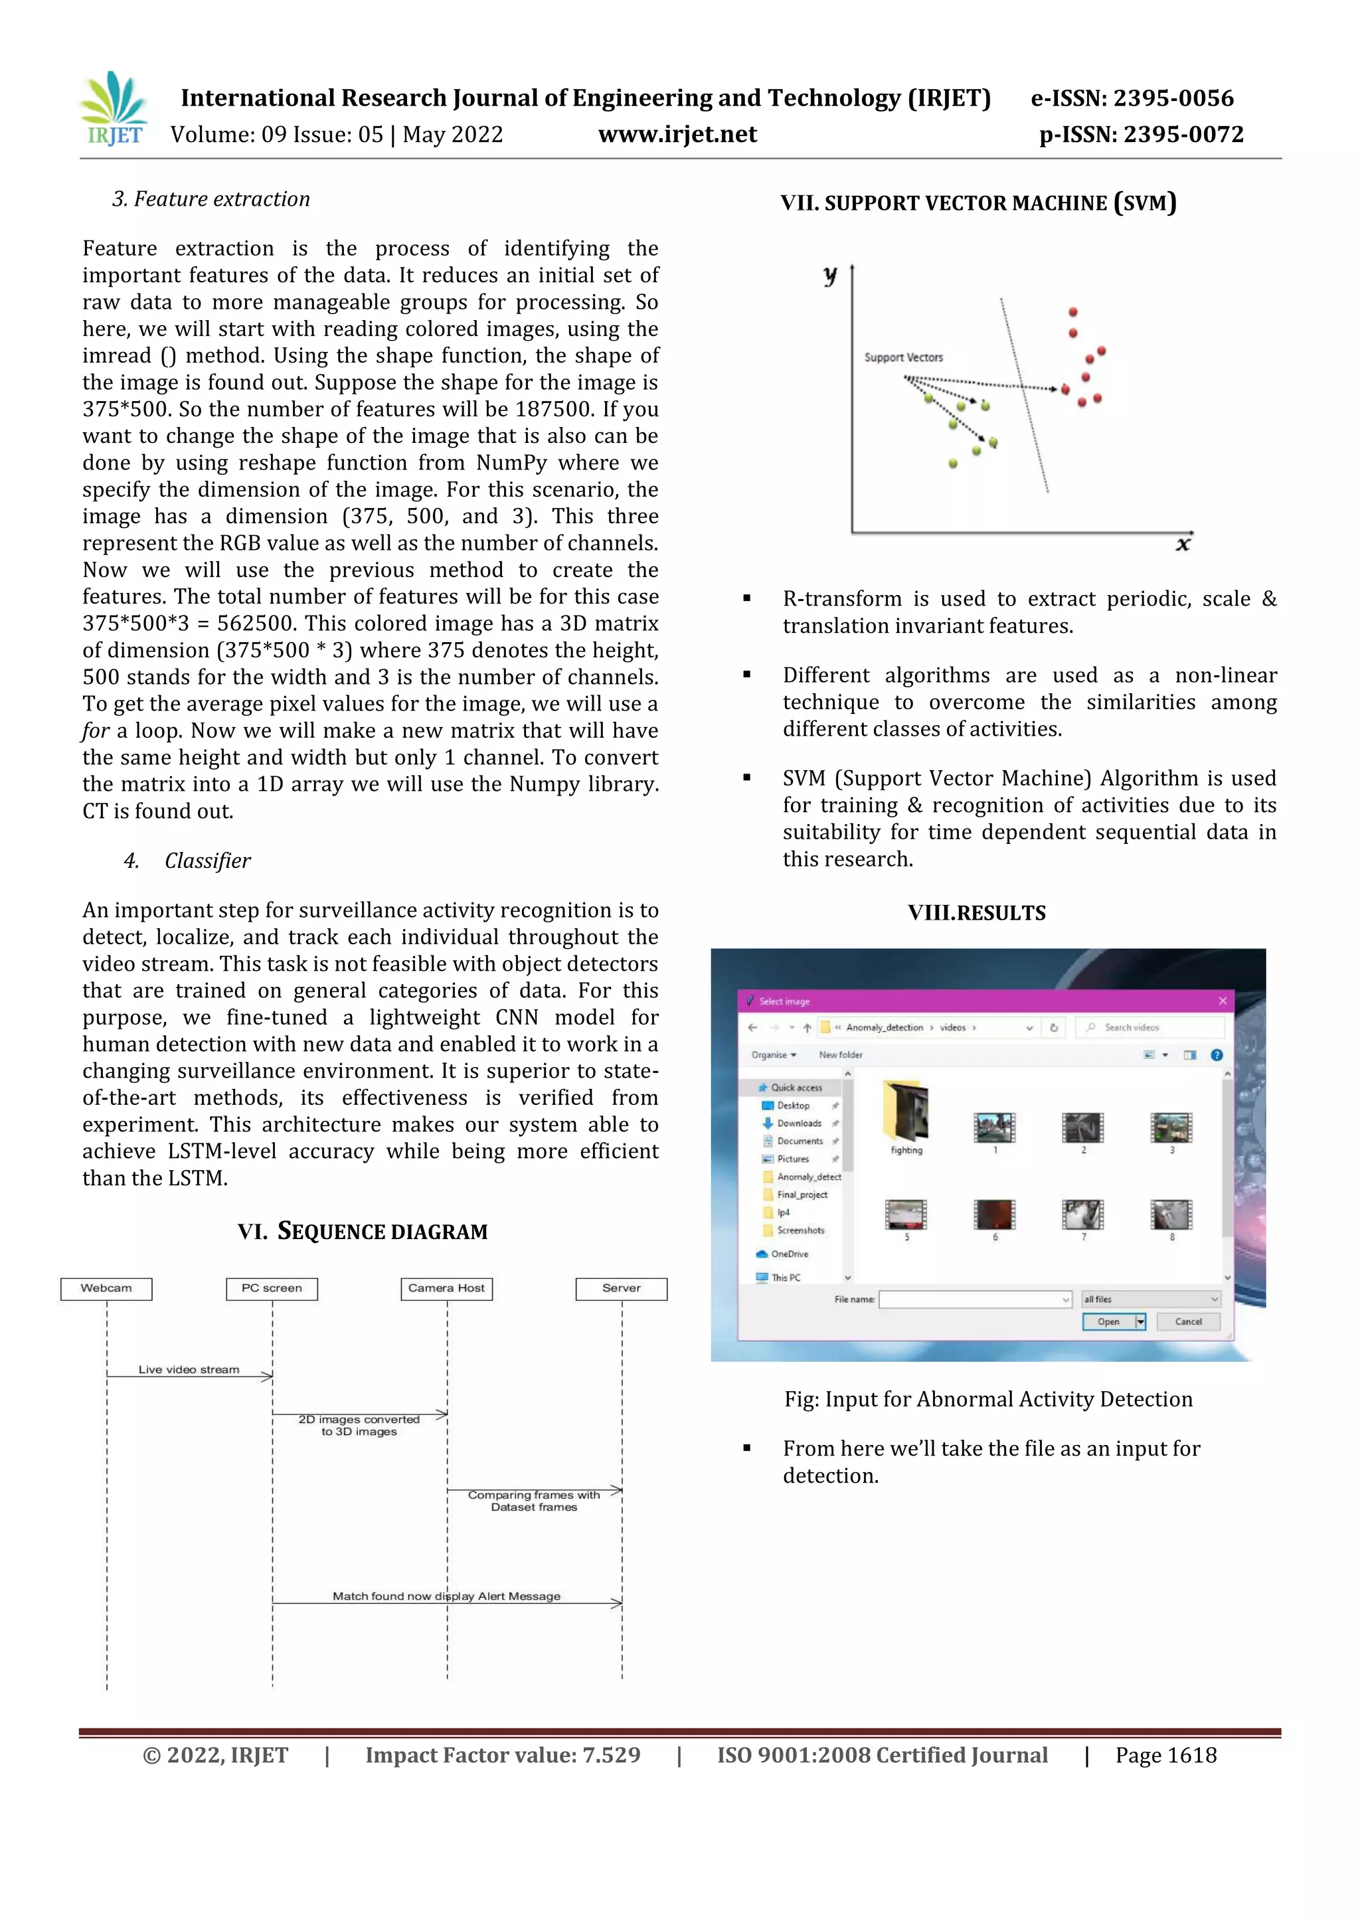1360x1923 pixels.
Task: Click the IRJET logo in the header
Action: pyautogui.click(x=114, y=109)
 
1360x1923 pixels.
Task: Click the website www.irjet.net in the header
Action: pyautogui.click(x=677, y=134)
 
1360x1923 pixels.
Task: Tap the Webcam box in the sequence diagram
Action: pyautogui.click(x=106, y=1288)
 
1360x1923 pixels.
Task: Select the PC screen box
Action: pyautogui.click(x=272, y=1288)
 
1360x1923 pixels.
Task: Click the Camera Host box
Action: pyautogui.click(x=446, y=1288)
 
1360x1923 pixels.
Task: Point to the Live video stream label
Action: pyautogui.click(x=189, y=1369)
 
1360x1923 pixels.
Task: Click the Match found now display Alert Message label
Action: pyautogui.click(x=446, y=1596)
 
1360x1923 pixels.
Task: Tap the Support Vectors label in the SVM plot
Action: pyautogui.click(x=904, y=358)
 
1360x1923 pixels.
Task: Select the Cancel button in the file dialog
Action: pyautogui.click(x=1187, y=1321)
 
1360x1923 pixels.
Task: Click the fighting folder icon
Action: pyautogui.click(x=906, y=1112)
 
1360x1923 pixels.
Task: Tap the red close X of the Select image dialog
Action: pyautogui.click(x=1222, y=1001)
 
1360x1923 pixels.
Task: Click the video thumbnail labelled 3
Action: pyautogui.click(x=1171, y=1128)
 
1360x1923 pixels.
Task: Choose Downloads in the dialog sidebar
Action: pyautogui.click(x=798, y=1123)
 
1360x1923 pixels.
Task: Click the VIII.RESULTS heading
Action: pyautogui.click(x=976, y=913)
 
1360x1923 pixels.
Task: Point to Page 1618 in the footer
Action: pyautogui.click(x=1165, y=1756)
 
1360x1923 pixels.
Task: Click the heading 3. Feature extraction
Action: pyautogui.click(x=211, y=199)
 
